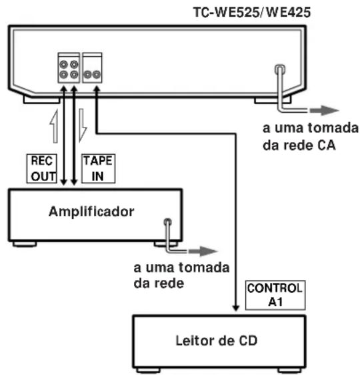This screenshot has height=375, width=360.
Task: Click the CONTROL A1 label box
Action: coord(275,294)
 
